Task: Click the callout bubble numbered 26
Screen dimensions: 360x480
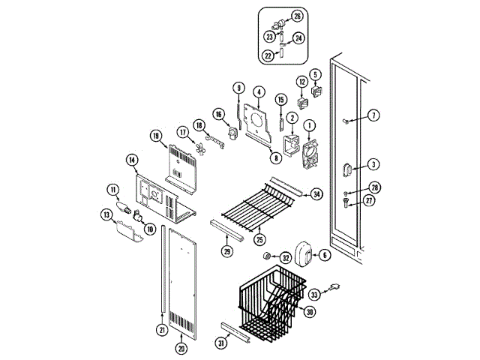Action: point(297,16)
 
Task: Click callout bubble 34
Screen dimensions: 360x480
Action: point(316,194)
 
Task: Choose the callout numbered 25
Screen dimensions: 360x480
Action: point(260,240)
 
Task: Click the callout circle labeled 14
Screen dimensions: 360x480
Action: point(131,160)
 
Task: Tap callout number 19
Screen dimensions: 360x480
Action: point(156,136)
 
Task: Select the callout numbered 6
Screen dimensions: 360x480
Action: point(325,255)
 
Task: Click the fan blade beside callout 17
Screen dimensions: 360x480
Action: point(198,148)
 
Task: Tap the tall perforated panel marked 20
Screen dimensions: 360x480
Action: point(184,281)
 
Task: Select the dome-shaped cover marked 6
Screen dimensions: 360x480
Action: point(302,253)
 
